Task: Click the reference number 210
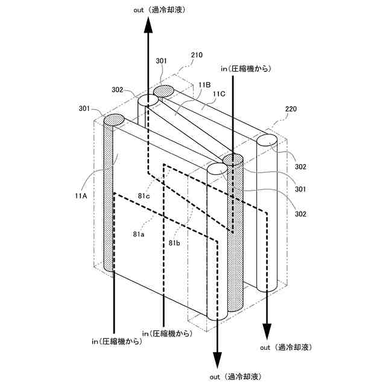(x=197, y=55)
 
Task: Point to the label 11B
(x=204, y=86)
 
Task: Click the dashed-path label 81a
(x=138, y=233)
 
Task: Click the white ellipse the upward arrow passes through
(x=148, y=101)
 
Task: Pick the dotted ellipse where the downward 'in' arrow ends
(x=233, y=160)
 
